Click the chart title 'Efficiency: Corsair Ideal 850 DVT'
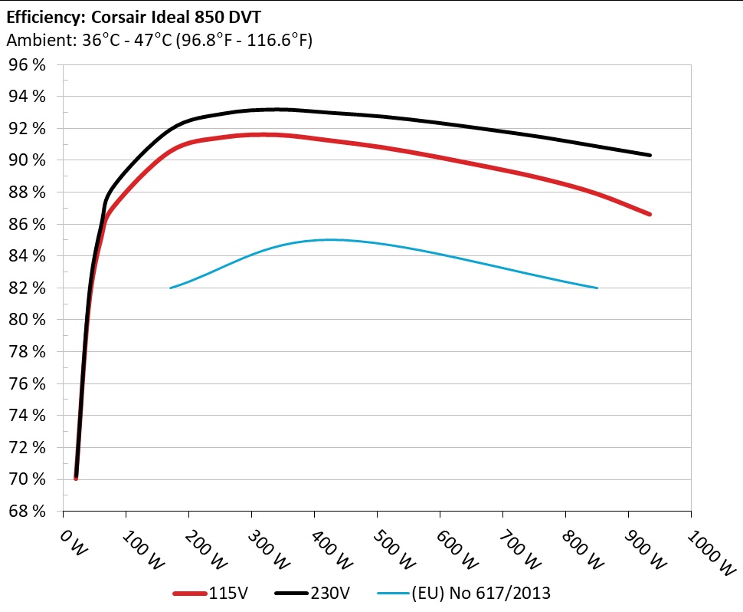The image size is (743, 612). point(133,17)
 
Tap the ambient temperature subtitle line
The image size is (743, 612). point(159,40)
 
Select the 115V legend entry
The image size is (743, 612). point(211,593)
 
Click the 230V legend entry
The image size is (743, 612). point(313,593)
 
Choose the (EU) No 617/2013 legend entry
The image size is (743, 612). point(464,593)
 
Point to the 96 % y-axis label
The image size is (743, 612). point(27,64)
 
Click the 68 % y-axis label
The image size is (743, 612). point(27,512)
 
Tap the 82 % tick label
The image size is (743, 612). point(27,288)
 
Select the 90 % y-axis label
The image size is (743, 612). point(27,160)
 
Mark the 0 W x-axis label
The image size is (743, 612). point(74,543)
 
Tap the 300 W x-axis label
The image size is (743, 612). point(269,549)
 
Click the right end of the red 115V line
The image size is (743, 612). point(650,215)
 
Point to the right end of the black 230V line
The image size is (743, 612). point(650,155)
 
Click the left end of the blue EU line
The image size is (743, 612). point(171,288)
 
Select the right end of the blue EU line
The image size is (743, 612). point(597,288)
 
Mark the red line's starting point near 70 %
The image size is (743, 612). point(76,479)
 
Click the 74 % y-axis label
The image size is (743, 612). point(27,416)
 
